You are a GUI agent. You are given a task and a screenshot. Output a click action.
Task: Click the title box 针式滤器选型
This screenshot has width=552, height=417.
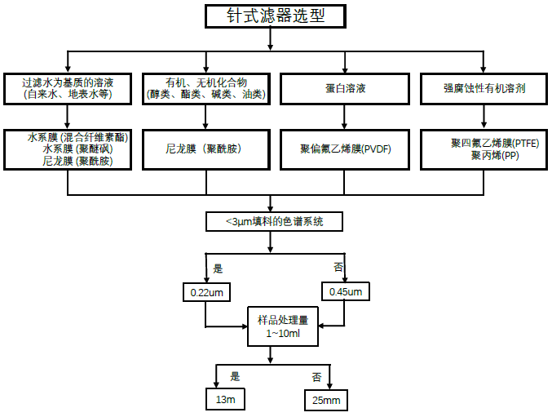pos(269,16)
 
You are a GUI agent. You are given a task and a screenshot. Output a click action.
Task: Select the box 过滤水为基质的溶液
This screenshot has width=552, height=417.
pos(68,88)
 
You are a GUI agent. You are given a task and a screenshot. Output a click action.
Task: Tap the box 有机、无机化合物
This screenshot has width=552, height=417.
pos(205,88)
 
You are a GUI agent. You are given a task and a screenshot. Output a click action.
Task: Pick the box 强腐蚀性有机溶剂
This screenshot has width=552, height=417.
pos(484,88)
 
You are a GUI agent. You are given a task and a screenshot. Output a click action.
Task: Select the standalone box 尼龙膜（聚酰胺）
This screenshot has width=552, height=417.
pos(205,149)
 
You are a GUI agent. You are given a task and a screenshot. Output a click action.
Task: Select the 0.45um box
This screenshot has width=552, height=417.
pos(345,291)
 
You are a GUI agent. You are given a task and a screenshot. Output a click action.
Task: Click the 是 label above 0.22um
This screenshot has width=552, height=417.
pos(218,268)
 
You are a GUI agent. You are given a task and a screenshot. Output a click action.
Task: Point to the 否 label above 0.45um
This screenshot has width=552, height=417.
pos(338,268)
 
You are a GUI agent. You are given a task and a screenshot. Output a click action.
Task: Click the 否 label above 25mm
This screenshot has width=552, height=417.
pos(316,377)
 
